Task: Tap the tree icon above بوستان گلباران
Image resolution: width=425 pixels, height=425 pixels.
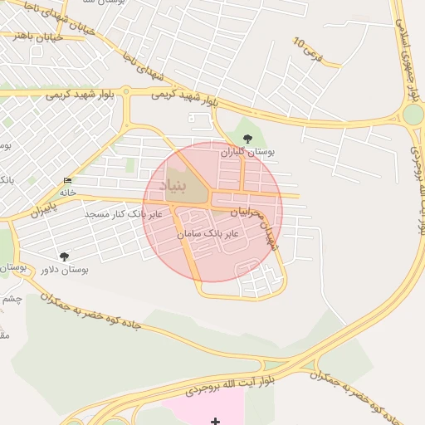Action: click(246, 139)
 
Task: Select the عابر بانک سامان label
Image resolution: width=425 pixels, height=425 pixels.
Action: click(208, 235)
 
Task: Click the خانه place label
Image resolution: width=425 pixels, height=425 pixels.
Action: click(67, 193)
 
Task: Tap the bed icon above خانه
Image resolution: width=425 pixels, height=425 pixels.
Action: click(67, 181)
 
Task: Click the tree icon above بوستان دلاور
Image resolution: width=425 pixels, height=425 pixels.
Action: click(64, 256)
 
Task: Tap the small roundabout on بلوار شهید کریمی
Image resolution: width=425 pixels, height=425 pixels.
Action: click(126, 92)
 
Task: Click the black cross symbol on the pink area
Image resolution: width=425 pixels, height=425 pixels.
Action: click(216, 421)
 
